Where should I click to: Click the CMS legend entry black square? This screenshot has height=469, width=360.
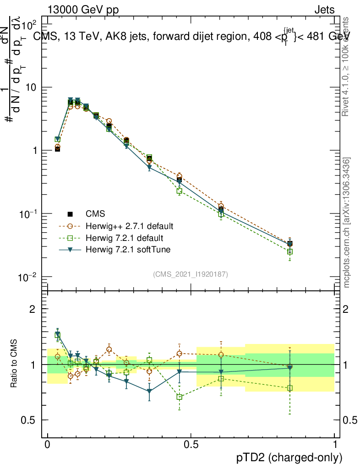[x=70, y=214]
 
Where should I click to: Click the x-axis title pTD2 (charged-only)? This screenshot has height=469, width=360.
[x=289, y=457]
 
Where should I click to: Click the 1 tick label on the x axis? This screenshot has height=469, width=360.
[x=335, y=444]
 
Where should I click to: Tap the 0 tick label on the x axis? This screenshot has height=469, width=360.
[x=48, y=444]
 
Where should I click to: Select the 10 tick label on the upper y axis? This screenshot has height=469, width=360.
[x=33, y=87]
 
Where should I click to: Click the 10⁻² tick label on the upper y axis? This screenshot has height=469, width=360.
[x=30, y=277]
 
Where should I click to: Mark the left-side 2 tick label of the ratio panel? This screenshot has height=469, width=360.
[x=32, y=309]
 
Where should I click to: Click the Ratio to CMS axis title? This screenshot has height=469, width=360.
[x=14, y=365]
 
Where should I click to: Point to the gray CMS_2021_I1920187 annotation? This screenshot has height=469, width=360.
[x=191, y=274]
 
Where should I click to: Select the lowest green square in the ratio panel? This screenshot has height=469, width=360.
[x=180, y=397]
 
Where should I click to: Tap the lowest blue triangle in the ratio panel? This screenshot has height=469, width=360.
[x=149, y=391]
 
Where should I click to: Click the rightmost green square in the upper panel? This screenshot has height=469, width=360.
[x=290, y=251]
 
